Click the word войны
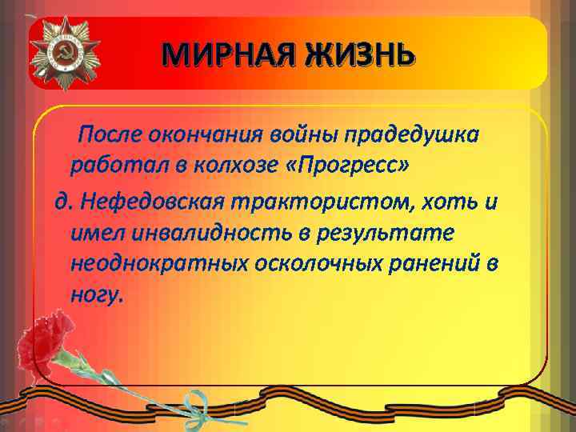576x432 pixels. tap(309, 134)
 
